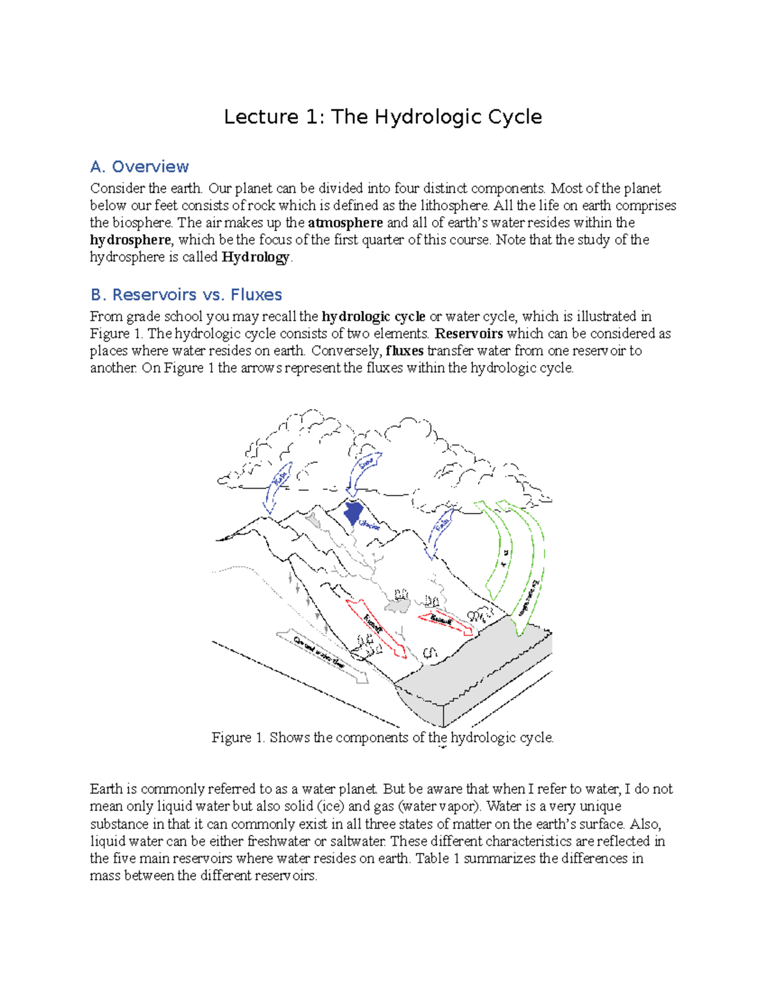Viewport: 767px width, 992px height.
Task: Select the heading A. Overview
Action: tap(139, 167)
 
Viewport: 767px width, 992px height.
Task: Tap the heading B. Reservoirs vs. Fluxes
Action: tap(186, 294)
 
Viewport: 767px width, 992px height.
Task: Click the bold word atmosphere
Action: tap(345, 223)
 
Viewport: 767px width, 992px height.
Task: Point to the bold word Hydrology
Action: tap(256, 257)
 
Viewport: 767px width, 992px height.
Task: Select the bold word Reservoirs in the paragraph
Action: tap(469, 333)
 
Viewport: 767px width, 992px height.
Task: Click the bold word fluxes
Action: tap(405, 351)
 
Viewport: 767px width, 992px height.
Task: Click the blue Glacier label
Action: tap(369, 526)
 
